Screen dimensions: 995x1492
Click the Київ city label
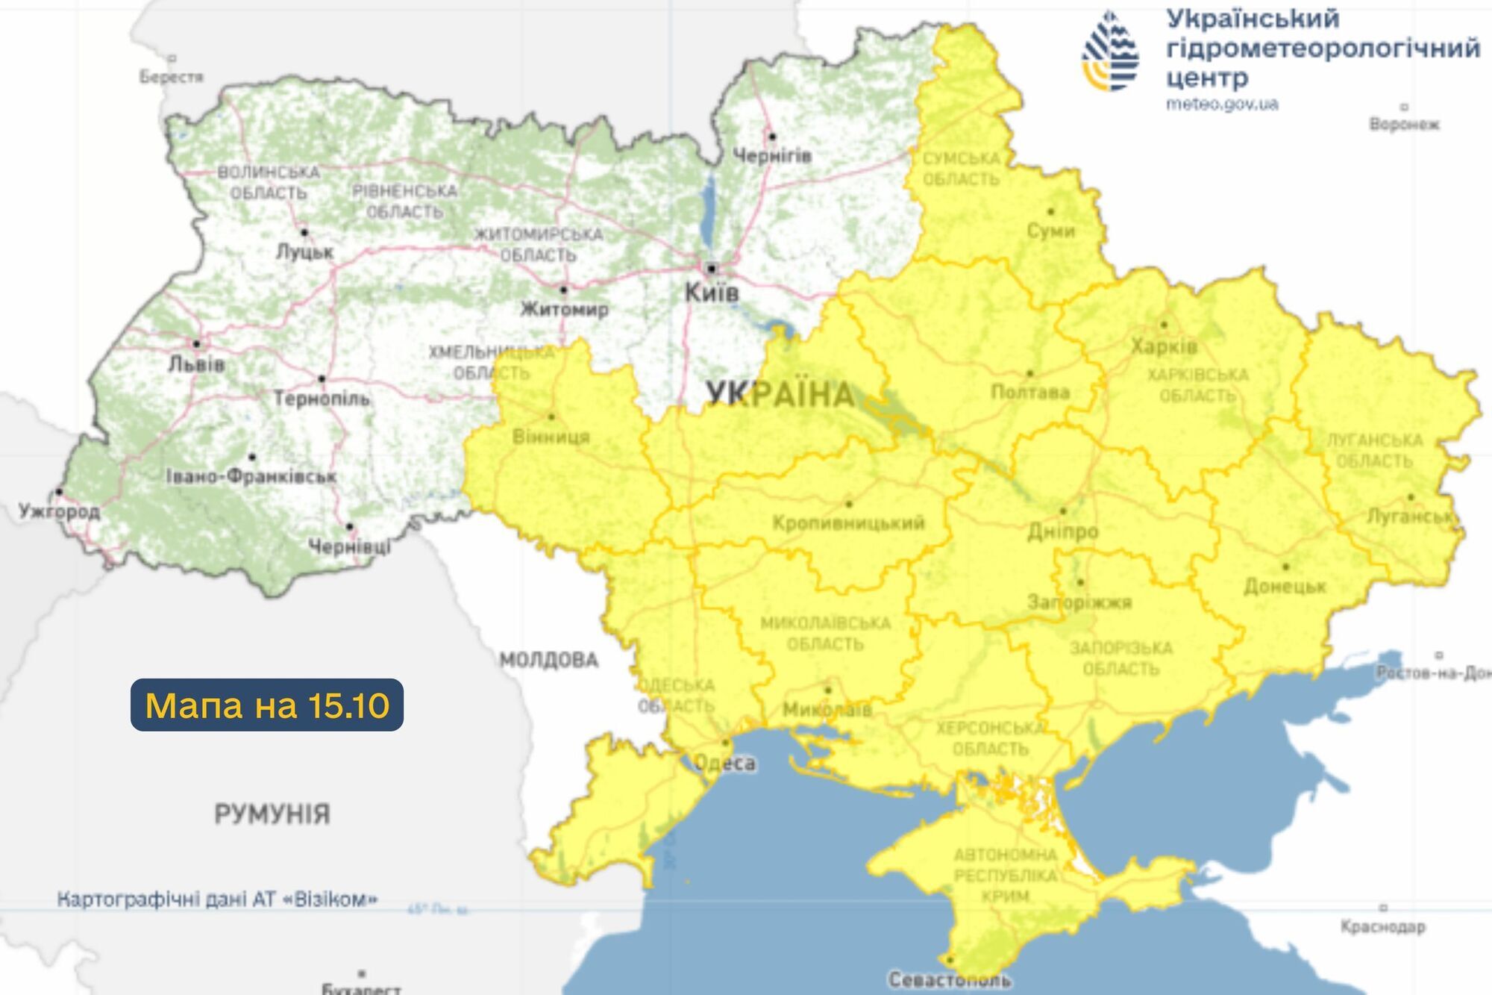click(712, 293)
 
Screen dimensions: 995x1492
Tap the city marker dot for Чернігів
click(772, 137)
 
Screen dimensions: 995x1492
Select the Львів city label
click(196, 364)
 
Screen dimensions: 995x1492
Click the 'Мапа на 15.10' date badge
click(267, 705)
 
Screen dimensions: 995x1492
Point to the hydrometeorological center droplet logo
click(1110, 52)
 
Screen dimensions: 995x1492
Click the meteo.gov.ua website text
click(1222, 105)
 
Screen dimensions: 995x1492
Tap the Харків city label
click(1164, 346)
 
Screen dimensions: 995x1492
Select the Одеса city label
click(724, 763)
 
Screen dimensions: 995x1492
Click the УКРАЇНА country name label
click(780, 394)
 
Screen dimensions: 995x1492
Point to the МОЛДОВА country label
click(549, 660)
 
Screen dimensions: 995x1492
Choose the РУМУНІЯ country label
click(272, 814)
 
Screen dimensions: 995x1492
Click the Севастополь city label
click(949, 979)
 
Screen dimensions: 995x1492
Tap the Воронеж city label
click(1404, 124)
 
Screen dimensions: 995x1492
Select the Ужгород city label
click(59, 511)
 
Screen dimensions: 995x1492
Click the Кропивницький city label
click(848, 523)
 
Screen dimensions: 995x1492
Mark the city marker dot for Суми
click(1051, 212)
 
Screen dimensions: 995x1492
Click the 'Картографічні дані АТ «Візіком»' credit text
click(217, 899)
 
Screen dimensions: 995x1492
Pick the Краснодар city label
click(1382, 926)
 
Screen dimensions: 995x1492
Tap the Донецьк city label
click(1285, 586)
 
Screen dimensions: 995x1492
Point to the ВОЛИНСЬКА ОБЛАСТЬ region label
click(269, 182)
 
